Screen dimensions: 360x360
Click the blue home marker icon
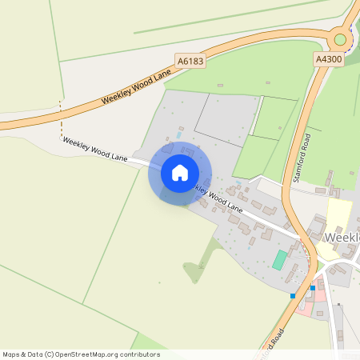180,172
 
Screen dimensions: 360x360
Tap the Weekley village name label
344,238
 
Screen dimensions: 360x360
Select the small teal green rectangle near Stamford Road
279,259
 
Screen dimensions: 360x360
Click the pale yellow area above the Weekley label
339,214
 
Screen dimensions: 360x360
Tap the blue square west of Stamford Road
293,296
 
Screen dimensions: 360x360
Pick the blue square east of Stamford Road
312,288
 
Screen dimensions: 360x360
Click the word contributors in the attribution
138,354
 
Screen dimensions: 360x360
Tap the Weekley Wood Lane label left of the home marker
95,150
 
